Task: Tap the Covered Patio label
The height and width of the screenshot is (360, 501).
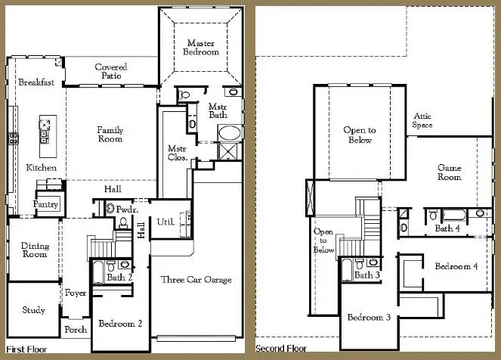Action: point(111,72)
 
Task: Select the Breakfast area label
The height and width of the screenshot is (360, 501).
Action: point(36,82)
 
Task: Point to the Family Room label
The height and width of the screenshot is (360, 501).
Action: point(110,135)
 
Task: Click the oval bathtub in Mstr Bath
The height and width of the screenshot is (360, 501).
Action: point(227,135)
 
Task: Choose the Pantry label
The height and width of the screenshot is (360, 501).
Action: point(46,204)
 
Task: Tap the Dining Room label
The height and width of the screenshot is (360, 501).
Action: point(34,250)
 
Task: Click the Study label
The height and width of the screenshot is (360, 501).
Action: point(33,310)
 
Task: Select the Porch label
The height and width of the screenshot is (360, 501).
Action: point(76,330)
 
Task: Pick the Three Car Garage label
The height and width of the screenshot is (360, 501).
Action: point(196,280)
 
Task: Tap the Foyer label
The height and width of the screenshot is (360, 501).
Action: point(76,293)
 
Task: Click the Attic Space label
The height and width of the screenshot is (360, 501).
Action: point(422,120)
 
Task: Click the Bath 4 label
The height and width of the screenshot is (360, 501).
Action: point(445,228)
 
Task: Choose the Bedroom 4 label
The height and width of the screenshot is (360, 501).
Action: point(456,266)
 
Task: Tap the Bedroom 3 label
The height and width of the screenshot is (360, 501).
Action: point(369,317)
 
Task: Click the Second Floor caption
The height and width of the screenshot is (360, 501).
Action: point(281,349)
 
